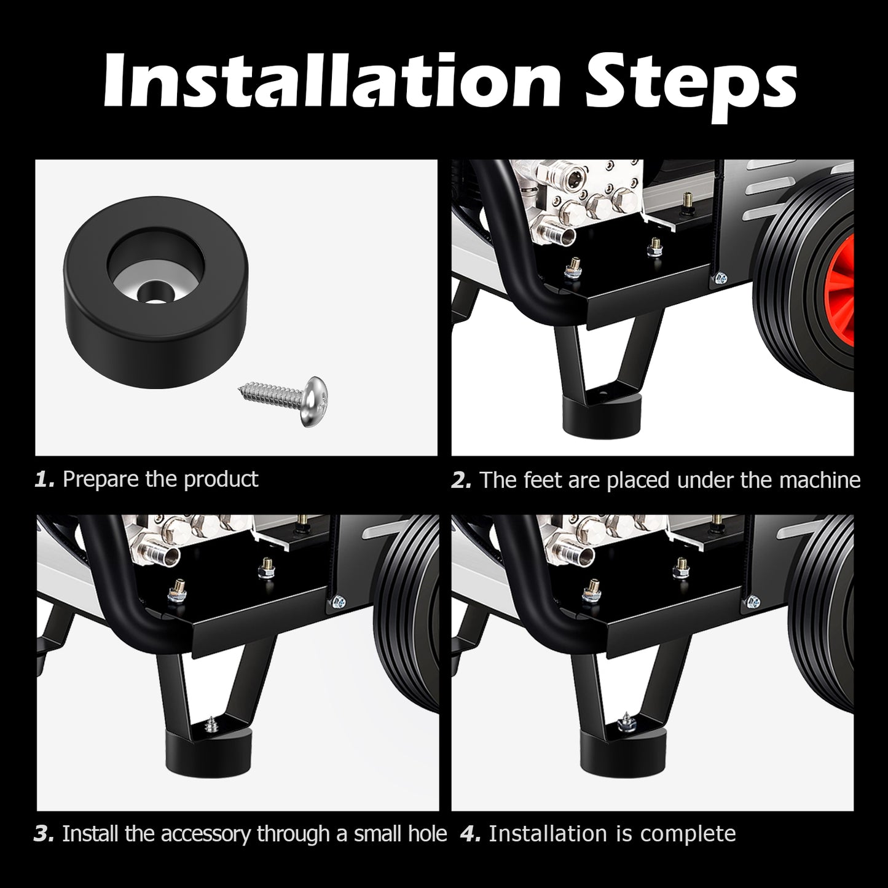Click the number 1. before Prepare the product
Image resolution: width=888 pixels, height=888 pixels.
click(45, 479)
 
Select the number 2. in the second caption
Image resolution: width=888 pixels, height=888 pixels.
click(462, 480)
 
